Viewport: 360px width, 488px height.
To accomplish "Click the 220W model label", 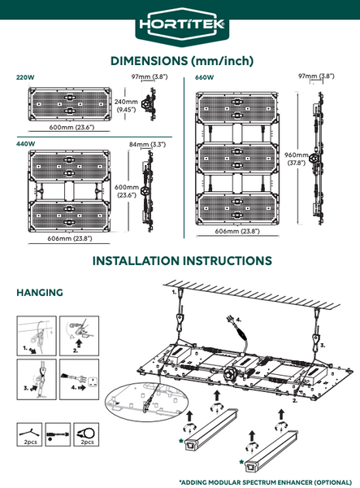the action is (x=25, y=77).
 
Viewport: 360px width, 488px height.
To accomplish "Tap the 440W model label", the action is (x=26, y=144).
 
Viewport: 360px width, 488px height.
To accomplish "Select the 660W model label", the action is (x=204, y=77).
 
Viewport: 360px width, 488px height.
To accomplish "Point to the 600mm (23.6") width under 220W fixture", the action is (x=72, y=127).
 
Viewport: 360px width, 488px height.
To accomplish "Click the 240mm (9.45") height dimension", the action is (x=126, y=106).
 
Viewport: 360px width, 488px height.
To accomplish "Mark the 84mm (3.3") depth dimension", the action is (x=147, y=145).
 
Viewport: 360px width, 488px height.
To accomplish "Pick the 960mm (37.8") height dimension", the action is (x=297, y=159).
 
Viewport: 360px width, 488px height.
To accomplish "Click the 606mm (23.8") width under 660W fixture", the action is (x=237, y=231).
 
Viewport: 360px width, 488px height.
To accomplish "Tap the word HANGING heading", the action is (x=40, y=293).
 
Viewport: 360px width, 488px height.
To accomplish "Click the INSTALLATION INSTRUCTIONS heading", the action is (x=182, y=261).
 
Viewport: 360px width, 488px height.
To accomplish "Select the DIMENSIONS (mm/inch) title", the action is (x=182, y=61).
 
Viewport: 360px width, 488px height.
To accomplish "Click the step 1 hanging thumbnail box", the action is (x=37, y=336).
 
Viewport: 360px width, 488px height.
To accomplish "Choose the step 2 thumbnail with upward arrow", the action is (x=80, y=336).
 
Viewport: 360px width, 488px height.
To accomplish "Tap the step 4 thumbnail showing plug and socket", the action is (x=80, y=379).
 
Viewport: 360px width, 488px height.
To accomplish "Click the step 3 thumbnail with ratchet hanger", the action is (x=37, y=379).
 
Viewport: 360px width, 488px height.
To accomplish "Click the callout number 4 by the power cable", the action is (x=239, y=320).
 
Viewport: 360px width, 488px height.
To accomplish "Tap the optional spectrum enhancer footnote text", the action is (x=266, y=482).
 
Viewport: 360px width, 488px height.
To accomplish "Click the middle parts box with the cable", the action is (x=58, y=434).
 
